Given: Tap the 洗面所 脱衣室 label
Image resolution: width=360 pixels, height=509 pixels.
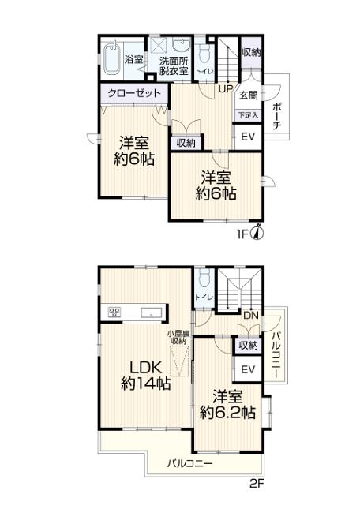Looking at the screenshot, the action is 174,66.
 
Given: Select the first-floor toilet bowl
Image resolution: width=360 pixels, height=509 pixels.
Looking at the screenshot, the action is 204,54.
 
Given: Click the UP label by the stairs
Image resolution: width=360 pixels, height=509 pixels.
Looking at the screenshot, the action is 225,88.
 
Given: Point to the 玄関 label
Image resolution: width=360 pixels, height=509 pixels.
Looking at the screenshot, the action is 249,95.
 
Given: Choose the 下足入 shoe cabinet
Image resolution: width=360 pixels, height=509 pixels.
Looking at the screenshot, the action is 249,115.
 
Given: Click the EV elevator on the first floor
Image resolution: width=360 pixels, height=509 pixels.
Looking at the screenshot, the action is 249,137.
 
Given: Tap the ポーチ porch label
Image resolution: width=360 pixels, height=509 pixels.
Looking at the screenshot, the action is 277,116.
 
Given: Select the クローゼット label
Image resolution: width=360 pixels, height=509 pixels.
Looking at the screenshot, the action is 134,93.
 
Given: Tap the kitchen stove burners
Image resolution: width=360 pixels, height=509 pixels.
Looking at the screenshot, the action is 114,312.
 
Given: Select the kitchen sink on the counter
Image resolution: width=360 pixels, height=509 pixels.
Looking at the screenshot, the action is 152,313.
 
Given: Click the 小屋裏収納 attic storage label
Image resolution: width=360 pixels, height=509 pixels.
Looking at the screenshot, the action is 178,337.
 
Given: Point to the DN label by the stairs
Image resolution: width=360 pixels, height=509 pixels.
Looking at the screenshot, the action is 251,315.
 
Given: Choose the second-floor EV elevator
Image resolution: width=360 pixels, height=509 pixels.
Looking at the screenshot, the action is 248,369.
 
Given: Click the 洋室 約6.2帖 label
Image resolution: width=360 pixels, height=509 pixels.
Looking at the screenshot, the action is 227,405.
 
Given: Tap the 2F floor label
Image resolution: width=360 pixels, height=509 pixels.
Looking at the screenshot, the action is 257,485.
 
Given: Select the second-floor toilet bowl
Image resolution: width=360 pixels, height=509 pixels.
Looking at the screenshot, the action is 204,279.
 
